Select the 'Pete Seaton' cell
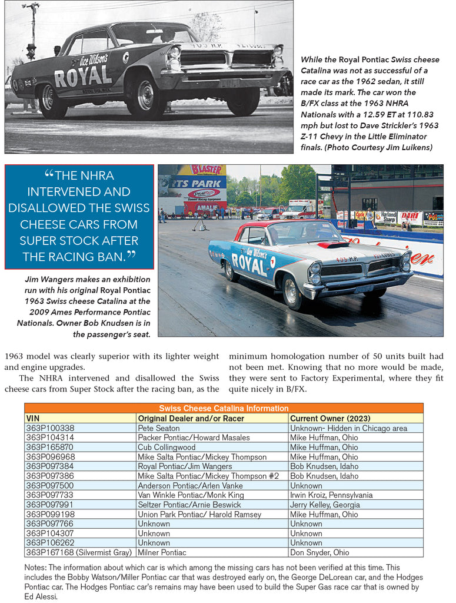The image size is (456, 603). pyautogui.click(x=159, y=428)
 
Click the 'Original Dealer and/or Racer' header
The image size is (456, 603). pyautogui.click(x=190, y=418)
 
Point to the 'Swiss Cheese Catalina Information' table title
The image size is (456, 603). pyautogui.click(x=224, y=408)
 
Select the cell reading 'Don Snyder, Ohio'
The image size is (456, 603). pyautogui.click(x=319, y=552)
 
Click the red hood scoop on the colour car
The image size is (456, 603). pyautogui.click(x=332, y=244)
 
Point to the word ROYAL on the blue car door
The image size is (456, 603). pyautogui.click(x=249, y=261)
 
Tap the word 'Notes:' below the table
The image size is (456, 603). pyautogui.click(x=36, y=567)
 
